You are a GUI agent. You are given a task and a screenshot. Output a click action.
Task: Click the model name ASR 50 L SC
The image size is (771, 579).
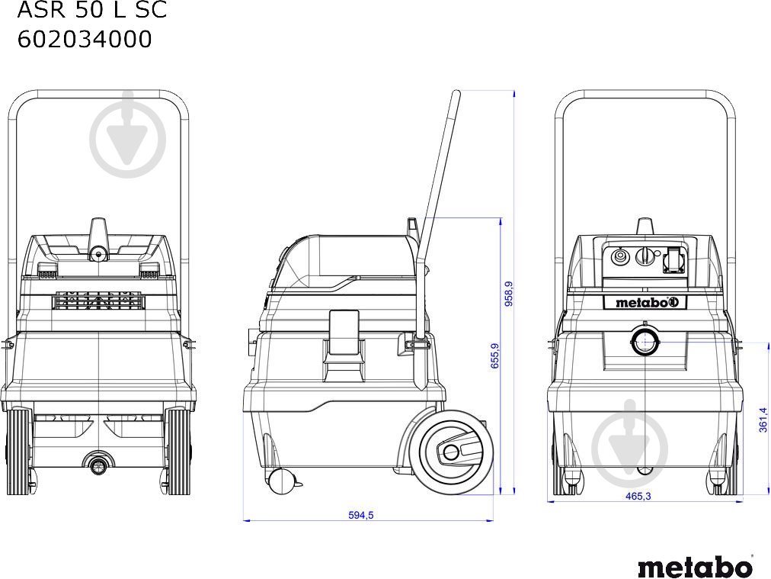pyautogui.click(x=91, y=11)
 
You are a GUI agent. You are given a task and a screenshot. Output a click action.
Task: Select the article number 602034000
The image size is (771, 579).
pyautogui.click(x=85, y=39)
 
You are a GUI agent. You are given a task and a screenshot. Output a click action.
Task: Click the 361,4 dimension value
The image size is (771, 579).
pyautogui.click(x=763, y=419)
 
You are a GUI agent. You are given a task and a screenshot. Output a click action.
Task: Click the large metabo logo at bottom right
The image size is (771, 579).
pyautogui.click(x=694, y=567)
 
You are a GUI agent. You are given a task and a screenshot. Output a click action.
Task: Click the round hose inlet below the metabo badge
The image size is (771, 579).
pyautogui.click(x=645, y=341)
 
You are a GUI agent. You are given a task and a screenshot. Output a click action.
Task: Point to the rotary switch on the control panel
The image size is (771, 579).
pyautogui.click(x=645, y=257)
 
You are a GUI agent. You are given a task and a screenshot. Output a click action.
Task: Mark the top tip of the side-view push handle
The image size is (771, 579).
pyautogui.click(x=456, y=95)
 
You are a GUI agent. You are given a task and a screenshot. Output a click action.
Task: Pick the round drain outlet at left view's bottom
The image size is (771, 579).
pyautogui.click(x=98, y=462)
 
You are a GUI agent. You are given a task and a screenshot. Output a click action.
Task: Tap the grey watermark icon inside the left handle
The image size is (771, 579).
pyautogui.click(x=127, y=138)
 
